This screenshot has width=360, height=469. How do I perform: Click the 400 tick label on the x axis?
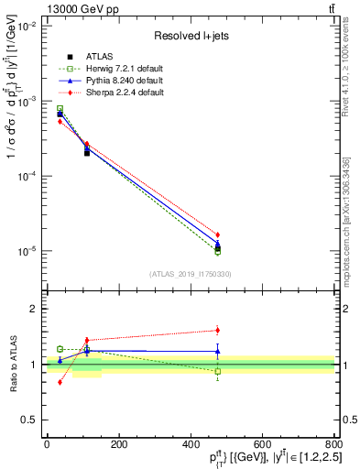point(191,443)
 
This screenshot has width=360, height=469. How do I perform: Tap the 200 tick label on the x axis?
point(118,443)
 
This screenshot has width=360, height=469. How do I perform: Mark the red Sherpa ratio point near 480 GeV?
point(217,330)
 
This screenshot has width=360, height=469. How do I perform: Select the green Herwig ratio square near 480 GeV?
point(217,371)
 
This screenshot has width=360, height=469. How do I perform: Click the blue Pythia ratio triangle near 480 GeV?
point(217,351)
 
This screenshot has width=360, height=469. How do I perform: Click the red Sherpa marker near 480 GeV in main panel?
point(217,234)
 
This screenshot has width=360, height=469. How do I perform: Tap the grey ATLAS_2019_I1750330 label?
point(190,274)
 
